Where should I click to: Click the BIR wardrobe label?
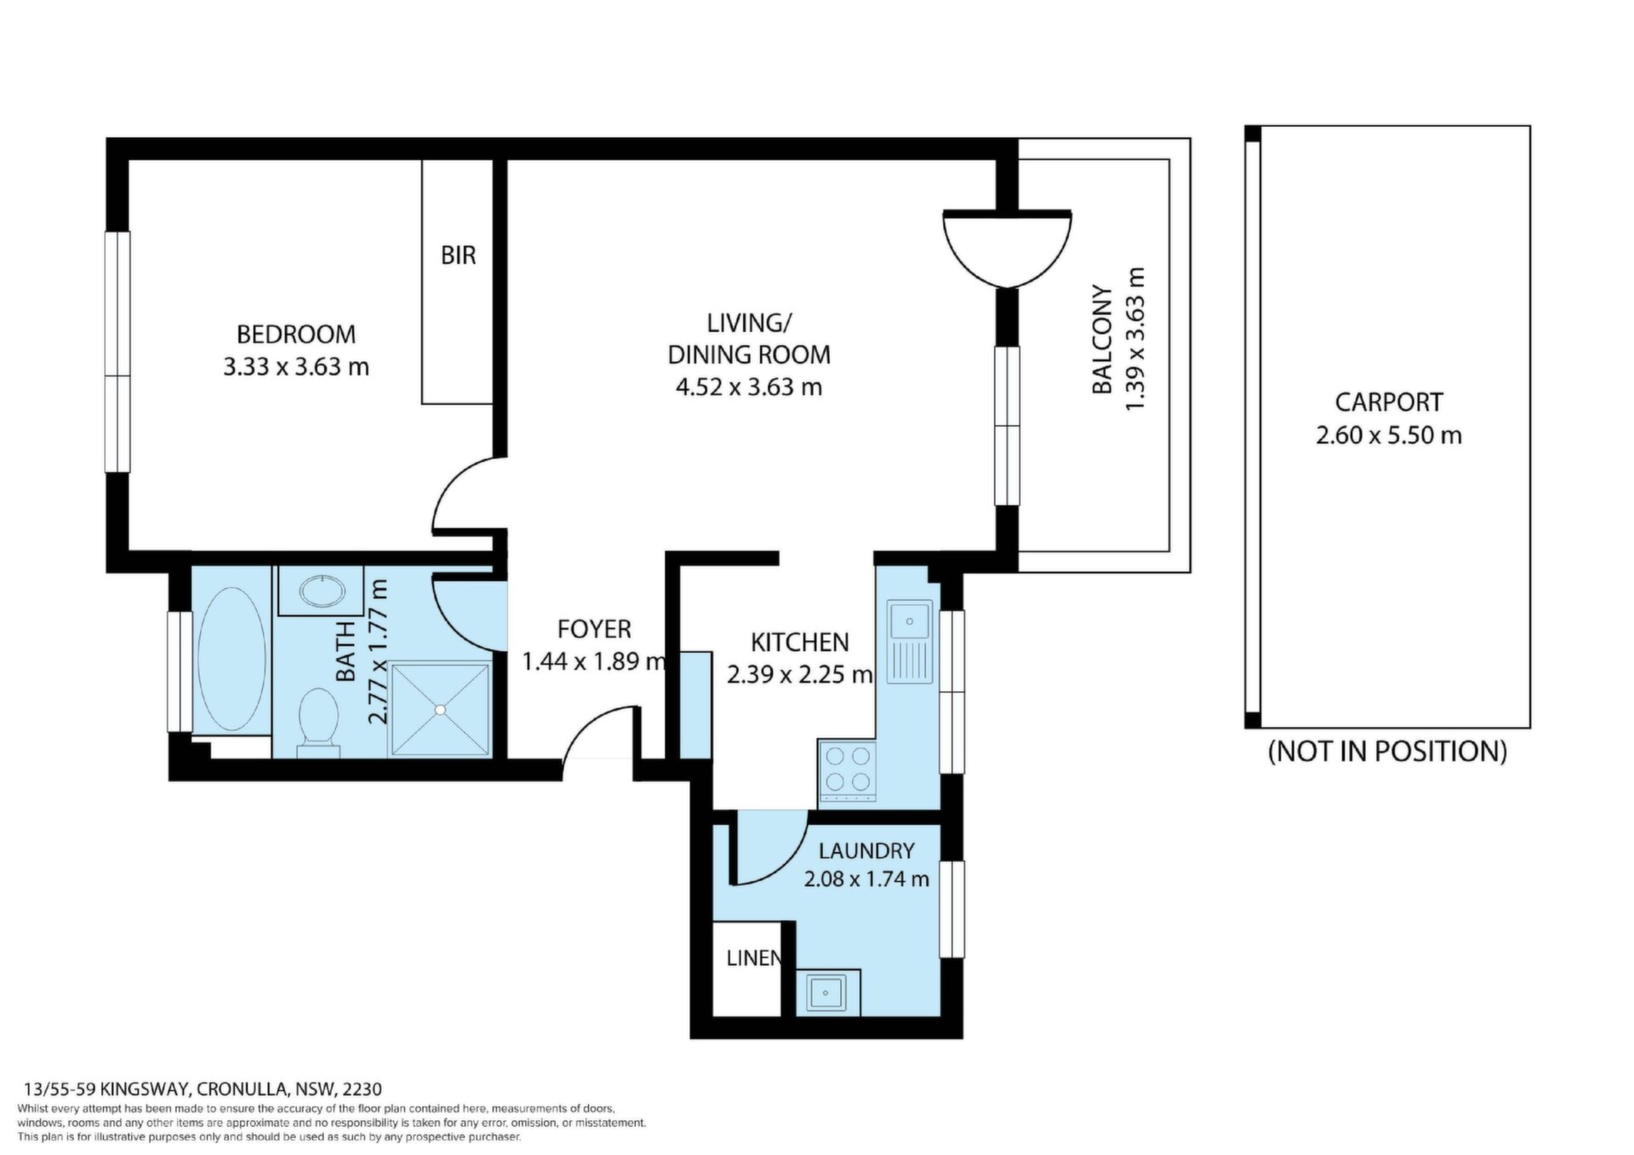click(458, 255)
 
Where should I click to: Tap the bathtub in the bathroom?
click(231, 658)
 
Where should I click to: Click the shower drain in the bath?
click(440, 709)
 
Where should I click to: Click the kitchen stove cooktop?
click(847, 770)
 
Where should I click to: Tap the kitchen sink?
click(911, 643)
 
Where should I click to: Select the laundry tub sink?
click(827, 992)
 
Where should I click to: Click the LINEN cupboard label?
click(753, 958)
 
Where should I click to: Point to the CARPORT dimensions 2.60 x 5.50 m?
click(1389, 436)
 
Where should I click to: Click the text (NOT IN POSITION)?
click(1387, 752)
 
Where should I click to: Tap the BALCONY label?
click(1103, 340)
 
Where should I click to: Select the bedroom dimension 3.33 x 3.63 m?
click(296, 367)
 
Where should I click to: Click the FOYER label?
click(594, 629)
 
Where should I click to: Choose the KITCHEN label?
click(800, 642)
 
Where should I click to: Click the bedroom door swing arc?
click(443, 489)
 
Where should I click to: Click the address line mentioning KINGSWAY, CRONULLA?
click(203, 1089)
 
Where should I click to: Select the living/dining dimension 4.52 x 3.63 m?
click(749, 387)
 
